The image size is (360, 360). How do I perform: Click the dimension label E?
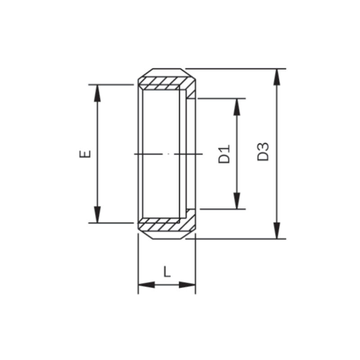[85, 154]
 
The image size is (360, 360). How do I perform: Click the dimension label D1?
[224, 154]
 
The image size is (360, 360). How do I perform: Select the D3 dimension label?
[263, 152]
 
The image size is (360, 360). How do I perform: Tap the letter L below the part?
[167, 271]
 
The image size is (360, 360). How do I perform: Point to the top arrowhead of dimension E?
[98, 93]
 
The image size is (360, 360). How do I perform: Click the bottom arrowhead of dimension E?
[98, 215]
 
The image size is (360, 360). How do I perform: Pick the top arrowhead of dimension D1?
[237, 107]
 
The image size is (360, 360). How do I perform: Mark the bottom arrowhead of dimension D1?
[237, 201]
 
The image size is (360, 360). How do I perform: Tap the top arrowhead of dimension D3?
[277, 77]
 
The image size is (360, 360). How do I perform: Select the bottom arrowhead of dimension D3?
[277, 230]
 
